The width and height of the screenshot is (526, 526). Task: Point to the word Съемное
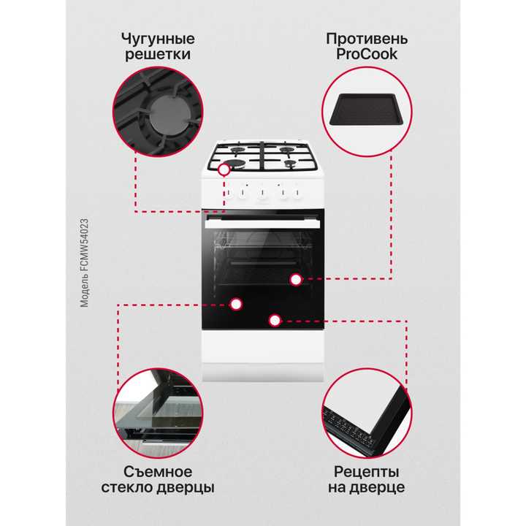point(158,470)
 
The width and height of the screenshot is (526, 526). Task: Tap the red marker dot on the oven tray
point(295,279)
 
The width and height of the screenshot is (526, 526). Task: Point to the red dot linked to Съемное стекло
point(235,304)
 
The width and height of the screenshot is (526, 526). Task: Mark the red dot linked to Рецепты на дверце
point(274,320)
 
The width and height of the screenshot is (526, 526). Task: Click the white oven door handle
point(263,224)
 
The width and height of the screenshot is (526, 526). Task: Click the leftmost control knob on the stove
point(228,194)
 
